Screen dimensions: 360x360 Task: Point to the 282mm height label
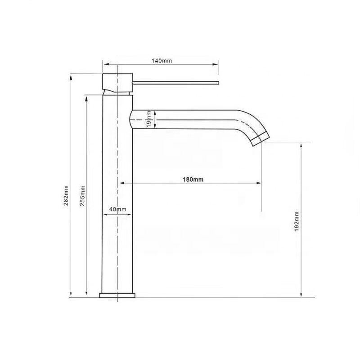66,196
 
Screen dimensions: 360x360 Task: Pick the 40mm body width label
118,209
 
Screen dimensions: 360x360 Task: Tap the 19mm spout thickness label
149,120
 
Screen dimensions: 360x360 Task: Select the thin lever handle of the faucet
175,82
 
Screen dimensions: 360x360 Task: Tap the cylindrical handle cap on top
117,81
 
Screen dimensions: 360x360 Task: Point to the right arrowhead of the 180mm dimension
259,183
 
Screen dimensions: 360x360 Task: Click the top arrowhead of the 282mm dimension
70,76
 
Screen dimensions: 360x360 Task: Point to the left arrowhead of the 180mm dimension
121,183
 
